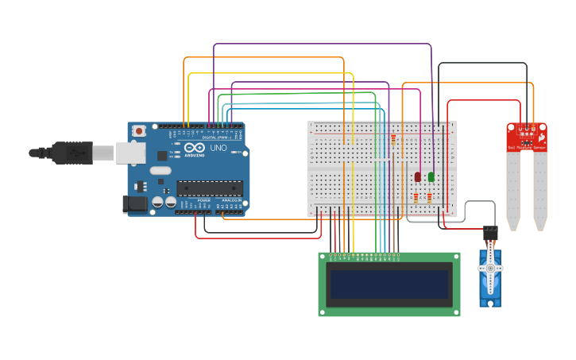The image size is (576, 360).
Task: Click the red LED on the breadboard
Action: point(418,176)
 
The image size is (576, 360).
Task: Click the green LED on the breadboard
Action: point(431,176)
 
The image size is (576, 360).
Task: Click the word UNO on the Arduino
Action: point(218,148)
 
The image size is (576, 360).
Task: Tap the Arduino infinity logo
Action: point(195,148)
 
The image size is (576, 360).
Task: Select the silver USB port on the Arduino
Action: point(131,153)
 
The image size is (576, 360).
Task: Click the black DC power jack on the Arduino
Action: point(135,204)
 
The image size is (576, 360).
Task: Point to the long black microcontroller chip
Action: point(209,188)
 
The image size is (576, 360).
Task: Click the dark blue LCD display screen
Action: point(389,284)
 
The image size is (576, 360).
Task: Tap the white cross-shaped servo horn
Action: point(490,269)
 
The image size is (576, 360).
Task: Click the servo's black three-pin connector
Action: point(490,234)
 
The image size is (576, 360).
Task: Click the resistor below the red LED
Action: point(416,198)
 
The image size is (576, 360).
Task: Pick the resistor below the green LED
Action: point(429,198)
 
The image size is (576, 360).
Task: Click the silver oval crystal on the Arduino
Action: point(160,170)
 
